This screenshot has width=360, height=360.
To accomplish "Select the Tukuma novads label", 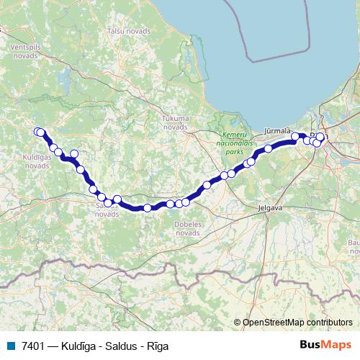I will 175,122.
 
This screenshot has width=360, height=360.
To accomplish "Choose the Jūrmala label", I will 277,130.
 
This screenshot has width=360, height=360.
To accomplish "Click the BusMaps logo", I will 325,346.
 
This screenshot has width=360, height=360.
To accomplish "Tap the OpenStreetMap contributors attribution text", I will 297,323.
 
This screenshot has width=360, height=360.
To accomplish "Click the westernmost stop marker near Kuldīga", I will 38,131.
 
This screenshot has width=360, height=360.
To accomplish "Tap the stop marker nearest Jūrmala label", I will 295,136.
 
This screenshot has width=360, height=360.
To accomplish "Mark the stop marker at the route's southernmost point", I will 148,208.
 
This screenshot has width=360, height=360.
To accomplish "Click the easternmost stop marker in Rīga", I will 321,137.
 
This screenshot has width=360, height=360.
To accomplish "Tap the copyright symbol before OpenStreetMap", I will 238,323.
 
